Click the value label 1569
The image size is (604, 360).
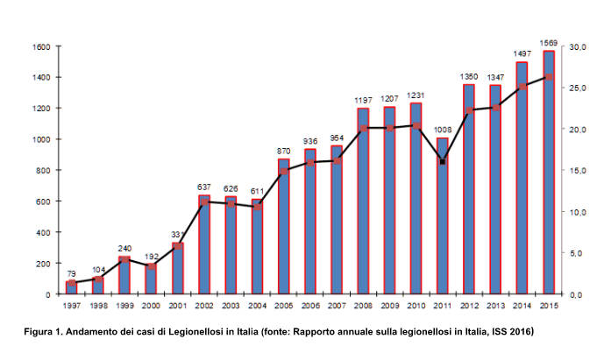click(x=549, y=43)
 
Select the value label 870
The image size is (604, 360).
click(x=283, y=152)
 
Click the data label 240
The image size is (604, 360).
click(x=124, y=249)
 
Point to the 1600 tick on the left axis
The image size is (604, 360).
click(x=40, y=46)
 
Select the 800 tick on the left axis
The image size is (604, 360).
click(x=43, y=171)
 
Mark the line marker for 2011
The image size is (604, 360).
click(x=443, y=162)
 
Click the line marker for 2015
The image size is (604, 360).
click(x=549, y=77)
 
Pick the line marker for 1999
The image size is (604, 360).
click(x=124, y=259)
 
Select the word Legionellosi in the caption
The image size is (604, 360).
click(x=205, y=332)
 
